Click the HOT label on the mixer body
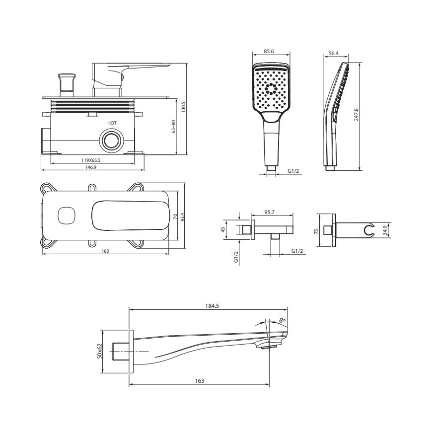click(112, 123)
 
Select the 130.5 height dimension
click(183, 107)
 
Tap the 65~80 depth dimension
click(173, 127)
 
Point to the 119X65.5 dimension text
click(90, 160)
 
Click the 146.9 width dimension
click(91, 167)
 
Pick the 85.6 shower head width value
click(269, 52)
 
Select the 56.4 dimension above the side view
click(333, 53)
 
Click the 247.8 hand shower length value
click(356, 115)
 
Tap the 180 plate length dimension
click(105, 251)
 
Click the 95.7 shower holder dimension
click(270, 212)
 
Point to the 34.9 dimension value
click(385, 230)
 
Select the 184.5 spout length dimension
click(212, 306)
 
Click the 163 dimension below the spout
click(200, 381)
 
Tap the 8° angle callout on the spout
click(283, 320)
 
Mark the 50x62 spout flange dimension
click(99, 351)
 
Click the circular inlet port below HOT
click(112, 141)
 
